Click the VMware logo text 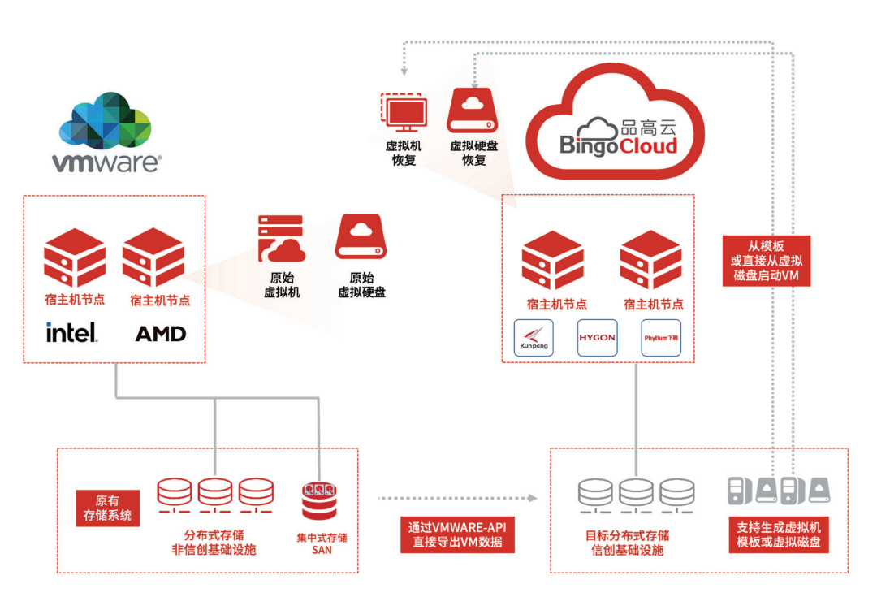(106, 162)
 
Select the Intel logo (72, 332)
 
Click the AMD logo (160, 333)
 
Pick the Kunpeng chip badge (534, 338)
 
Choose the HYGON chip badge (597, 338)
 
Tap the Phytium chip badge (660, 338)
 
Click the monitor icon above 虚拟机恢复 (404, 113)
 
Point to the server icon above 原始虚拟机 (280, 237)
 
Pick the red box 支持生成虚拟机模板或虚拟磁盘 (778, 534)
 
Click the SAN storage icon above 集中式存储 (319, 501)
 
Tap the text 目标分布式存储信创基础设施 (628, 543)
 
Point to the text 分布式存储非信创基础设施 (214, 542)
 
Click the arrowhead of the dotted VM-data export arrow (536, 497)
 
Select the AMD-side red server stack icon (153, 257)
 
